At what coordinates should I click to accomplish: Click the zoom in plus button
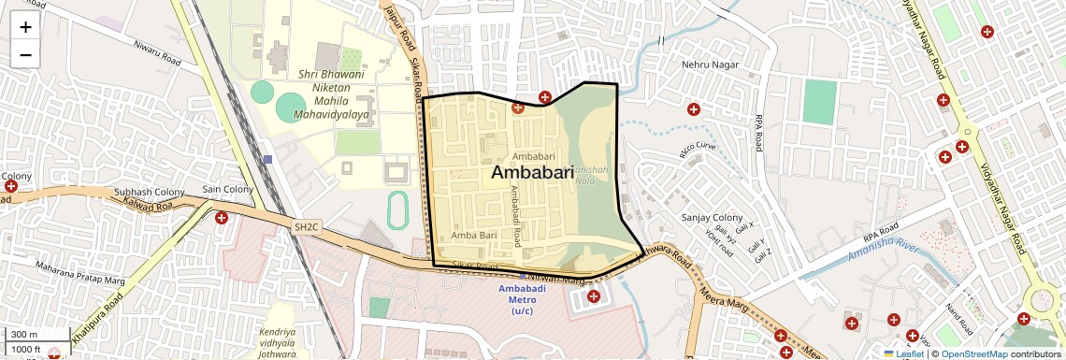[25, 27]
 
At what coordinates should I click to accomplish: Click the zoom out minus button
[25, 54]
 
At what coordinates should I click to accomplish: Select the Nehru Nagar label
[708, 65]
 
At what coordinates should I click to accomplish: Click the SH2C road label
[306, 226]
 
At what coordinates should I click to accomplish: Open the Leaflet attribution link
[904, 353]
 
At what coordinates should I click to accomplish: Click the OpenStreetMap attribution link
[973, 353]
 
